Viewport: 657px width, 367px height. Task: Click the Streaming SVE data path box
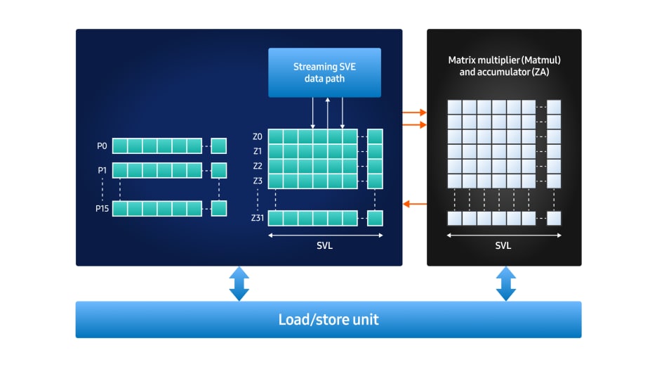tap(324, 72)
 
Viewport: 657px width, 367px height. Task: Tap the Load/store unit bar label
tap(328, 320)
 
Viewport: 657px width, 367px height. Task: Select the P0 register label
tap(102, 146)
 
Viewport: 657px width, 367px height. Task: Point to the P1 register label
tap(102, 170)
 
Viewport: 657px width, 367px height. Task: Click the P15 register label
tap(102, 209)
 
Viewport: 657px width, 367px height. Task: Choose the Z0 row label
tap(257, 136)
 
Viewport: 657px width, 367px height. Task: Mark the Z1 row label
tap(257, 151)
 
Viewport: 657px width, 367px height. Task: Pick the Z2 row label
tap(257, 166)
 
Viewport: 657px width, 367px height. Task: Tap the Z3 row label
tap(257, 181)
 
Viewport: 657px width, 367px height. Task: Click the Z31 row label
tap(257, 218)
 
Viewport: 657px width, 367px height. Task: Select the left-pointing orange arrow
tap(414, 205)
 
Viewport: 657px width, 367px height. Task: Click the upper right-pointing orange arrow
tap(414, 112)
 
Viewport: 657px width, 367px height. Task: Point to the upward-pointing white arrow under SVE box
tap(327, 113)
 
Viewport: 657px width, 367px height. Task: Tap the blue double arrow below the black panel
tap(505, 283)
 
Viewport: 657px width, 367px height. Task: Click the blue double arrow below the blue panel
tap(239, 283)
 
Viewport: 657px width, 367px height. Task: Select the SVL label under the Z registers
tap(325, 246)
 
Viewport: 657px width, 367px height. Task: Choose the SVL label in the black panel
tap(503, 246)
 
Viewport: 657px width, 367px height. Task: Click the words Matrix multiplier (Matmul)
tap(504, 60)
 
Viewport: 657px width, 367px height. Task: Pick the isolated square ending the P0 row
tap(219, 146)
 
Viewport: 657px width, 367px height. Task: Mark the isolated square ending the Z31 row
tap(375, 218)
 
